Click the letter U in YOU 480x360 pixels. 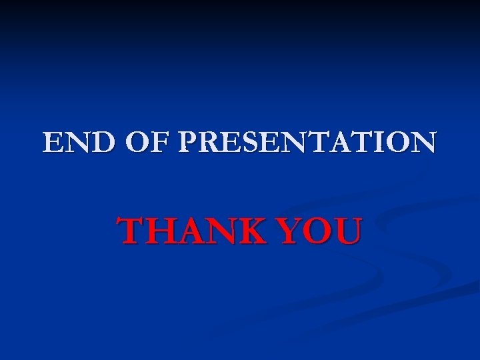point(347,231)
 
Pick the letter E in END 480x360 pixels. point(53,142)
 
